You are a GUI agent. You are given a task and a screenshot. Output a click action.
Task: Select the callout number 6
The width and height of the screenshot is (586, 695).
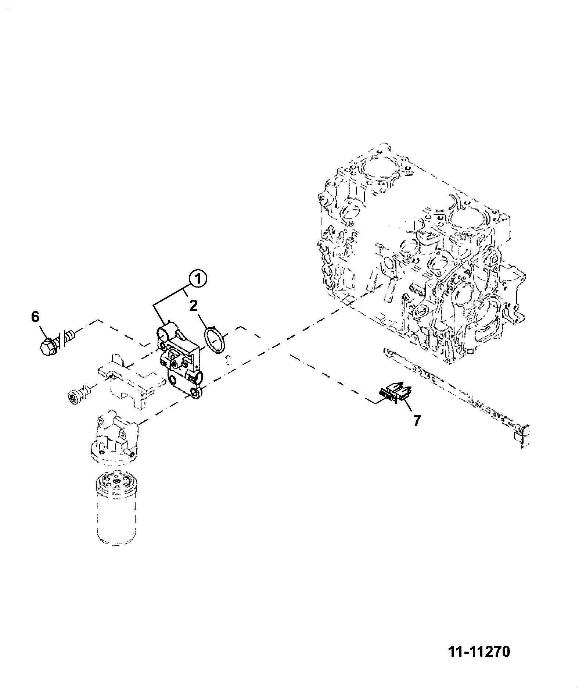pyautogui.click(x=35, y=317)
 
